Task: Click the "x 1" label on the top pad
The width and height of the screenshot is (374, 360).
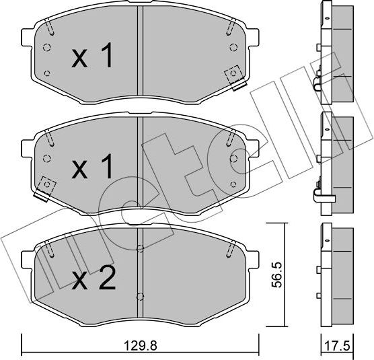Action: click(x=93, y=58)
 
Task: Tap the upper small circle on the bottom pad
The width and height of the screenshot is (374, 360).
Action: click(x=139, y=250)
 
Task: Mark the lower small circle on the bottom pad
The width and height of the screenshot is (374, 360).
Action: click(x=139, y=295)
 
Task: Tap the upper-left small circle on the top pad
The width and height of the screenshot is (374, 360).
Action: click(x=46, y=47)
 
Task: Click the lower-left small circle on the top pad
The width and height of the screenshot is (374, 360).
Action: click(x=46, y=72)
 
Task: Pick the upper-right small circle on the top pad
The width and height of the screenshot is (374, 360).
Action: click(x=233, y=46)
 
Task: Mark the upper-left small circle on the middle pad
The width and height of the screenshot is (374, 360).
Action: click(x=46, y=159)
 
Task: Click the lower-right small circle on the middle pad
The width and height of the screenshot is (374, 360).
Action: click(x=233, y=183)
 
